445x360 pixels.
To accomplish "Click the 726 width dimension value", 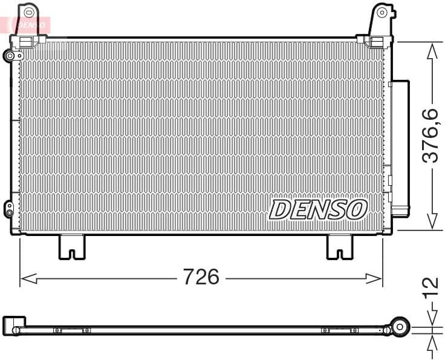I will (x=201, y=277).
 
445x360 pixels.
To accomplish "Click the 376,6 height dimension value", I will (x=430, y=136).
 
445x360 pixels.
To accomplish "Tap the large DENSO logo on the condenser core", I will (x=318, y=209).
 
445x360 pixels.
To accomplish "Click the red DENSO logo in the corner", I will (x=27, y=25).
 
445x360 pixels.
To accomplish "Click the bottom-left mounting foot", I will (x=72, y=246).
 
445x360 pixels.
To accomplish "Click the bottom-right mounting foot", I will (x=339, y=246).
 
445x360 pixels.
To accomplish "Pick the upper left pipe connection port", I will (x=11, y=56).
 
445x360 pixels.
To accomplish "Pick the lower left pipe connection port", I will (x=9, y=209).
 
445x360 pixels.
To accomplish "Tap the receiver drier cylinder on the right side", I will (x=400, y=148).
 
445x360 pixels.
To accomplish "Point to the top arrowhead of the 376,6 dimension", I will (x=432, y=51).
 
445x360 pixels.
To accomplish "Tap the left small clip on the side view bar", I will (x=71, y=330).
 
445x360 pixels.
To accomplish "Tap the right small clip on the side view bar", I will (x=340, y=330).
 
